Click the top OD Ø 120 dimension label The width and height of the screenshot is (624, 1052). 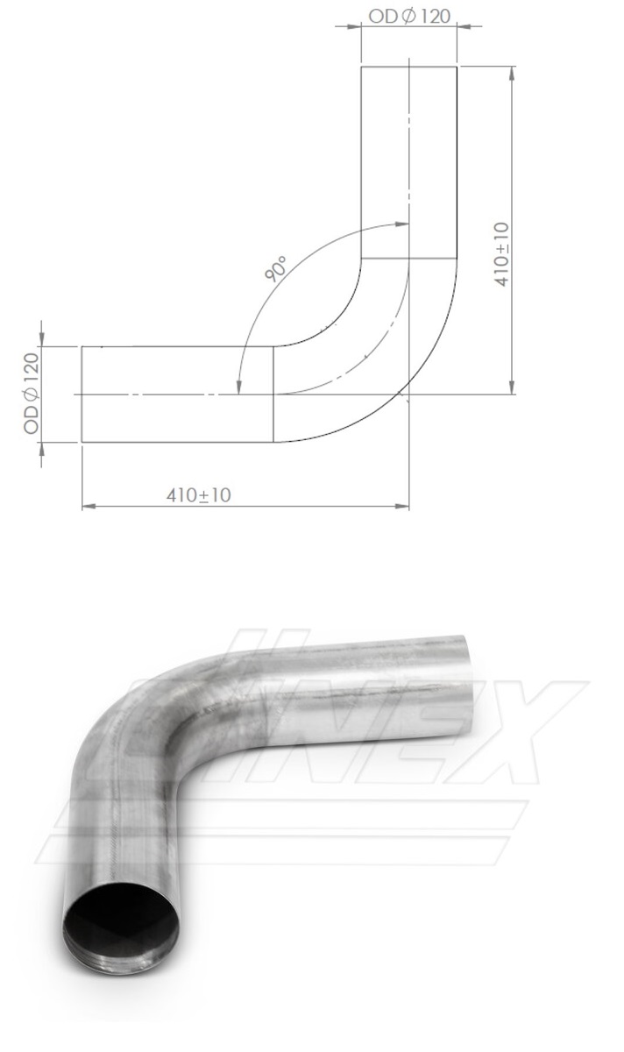(409, 17)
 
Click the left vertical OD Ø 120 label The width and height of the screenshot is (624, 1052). (32, 394)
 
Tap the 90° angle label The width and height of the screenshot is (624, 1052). (275, 268)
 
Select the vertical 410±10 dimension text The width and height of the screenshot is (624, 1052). (501, 254)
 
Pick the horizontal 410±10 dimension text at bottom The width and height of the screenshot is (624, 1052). (199, 495)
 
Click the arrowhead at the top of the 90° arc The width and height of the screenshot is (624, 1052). (402, 224)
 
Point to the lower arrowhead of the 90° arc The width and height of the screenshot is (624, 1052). (239, 387)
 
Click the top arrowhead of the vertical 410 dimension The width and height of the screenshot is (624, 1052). (512, 74)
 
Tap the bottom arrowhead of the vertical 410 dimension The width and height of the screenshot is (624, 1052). (512, 387)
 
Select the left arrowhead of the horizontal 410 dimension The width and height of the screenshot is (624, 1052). (89, 507)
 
